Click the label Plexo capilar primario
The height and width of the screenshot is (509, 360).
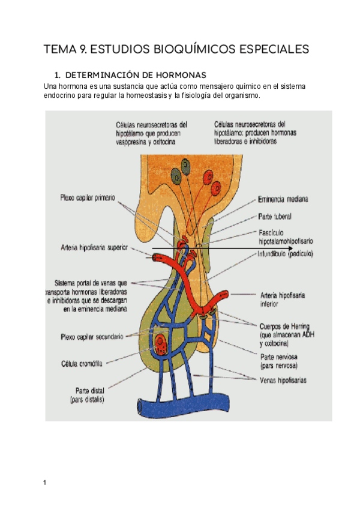point(88,196)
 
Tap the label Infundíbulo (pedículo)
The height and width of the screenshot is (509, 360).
point(286,253)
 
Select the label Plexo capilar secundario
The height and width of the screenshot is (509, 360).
point(92,337)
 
